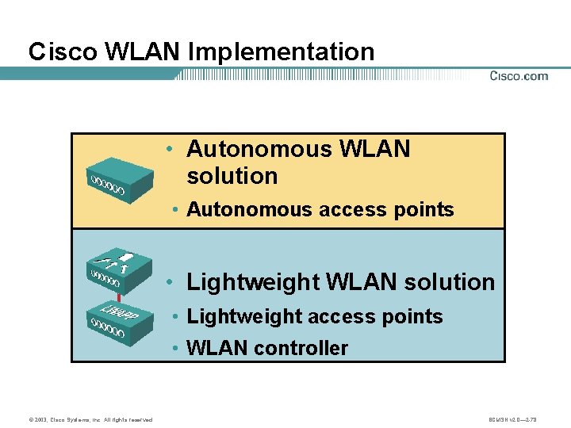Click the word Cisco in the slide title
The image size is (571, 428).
pos(52,52)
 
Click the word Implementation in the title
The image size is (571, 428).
pos(282,53)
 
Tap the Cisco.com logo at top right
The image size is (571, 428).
pos(518,76)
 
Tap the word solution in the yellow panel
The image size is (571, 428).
pos(232,176)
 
